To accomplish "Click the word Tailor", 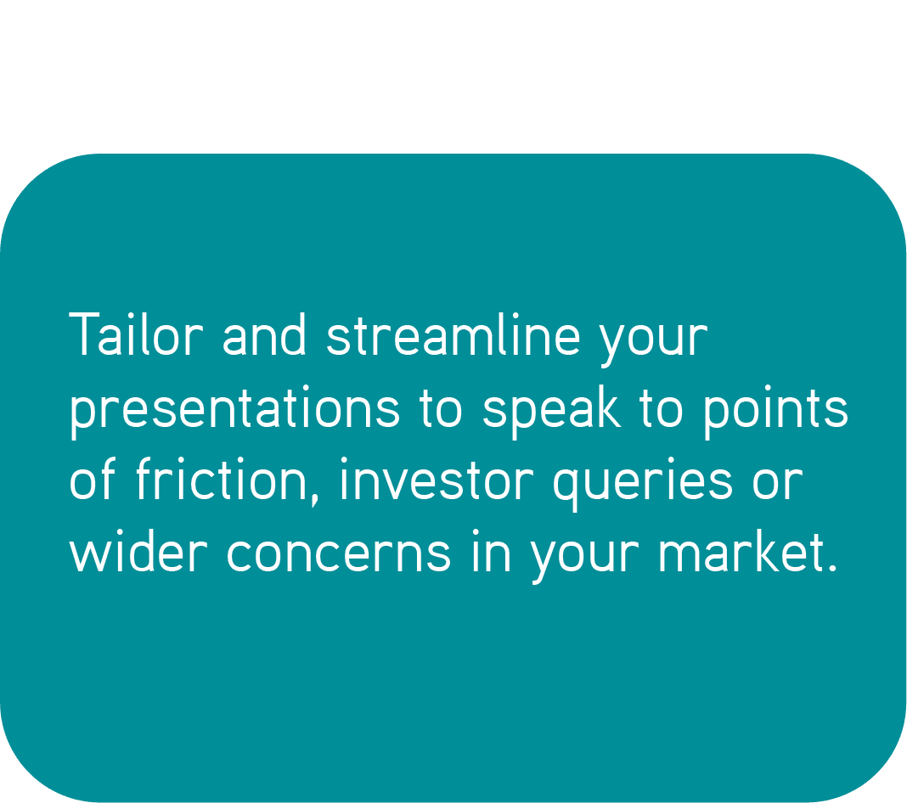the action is (136, 334).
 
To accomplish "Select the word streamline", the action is (453, 334).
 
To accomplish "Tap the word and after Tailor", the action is (264, 334).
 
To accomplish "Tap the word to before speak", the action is (441, 407).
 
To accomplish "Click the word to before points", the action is (662, 407).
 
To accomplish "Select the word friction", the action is (222, 480).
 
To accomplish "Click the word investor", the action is (437, 480).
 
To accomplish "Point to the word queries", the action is (643, 484).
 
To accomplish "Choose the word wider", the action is (138, 551).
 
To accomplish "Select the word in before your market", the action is (491, 551).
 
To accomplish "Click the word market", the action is (741, 551).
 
